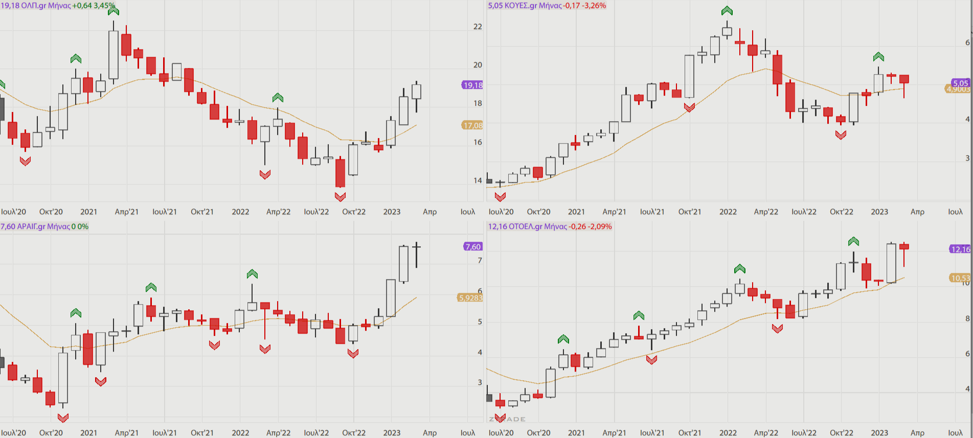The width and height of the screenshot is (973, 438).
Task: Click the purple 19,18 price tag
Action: point(472,85)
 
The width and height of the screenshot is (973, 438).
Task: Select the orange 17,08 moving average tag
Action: point(472,125)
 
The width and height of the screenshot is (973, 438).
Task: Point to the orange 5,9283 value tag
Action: point(470,297)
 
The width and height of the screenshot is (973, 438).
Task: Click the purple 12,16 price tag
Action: point(960,249)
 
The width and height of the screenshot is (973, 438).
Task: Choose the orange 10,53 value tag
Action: point(960,278)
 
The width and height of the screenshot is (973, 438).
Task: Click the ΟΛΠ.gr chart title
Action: point(57,6)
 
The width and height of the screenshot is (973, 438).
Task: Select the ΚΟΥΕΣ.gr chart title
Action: point(547,6)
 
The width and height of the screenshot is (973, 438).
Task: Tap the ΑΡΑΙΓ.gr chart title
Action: point(44,226)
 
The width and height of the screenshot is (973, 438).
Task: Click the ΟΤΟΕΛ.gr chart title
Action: point(550,226)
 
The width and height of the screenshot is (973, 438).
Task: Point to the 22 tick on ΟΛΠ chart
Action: point(478,27)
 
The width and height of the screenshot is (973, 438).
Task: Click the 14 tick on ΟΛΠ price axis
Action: point(478,180)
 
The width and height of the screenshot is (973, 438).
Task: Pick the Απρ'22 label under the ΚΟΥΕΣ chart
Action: point(766,212)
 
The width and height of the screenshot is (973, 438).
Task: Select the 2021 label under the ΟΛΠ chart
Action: point(88,212)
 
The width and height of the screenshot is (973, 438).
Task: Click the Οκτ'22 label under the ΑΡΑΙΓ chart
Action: point(354,433)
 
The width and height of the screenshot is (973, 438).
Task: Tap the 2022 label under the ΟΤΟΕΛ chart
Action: point(728,433)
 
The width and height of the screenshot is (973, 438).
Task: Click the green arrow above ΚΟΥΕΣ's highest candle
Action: point(727,11)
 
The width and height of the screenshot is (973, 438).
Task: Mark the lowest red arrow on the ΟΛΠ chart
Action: point(341,196)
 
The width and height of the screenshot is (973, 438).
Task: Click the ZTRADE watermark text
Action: point(507,419)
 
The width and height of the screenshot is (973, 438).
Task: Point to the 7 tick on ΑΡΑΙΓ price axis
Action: point(480,260)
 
